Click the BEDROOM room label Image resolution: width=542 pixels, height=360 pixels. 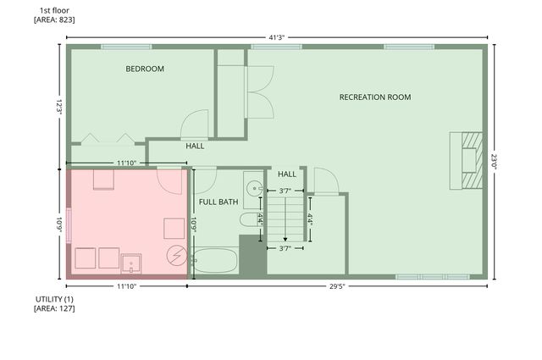(x=145, y=69)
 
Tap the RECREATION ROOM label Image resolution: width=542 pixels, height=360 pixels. (x=375, y=97)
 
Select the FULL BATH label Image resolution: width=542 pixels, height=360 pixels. (x=218, y=202)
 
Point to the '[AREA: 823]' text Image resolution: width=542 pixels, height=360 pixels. (x=54, y=19)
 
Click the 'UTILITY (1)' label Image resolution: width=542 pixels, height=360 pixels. (x=54, y=300)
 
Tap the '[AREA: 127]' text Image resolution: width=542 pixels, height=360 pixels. (x=54, y=310)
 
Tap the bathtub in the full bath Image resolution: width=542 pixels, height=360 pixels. (x=215, y=260)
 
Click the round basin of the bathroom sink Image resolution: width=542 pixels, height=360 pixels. (x=252, y=188)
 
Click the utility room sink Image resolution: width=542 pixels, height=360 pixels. (x=130, y=264)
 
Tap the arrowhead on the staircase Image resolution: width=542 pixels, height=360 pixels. (x=285, y=238)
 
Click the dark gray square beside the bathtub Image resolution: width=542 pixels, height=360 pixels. (x=252, y=255)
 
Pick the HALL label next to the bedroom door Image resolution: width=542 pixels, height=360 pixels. (x=195, y=146)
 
